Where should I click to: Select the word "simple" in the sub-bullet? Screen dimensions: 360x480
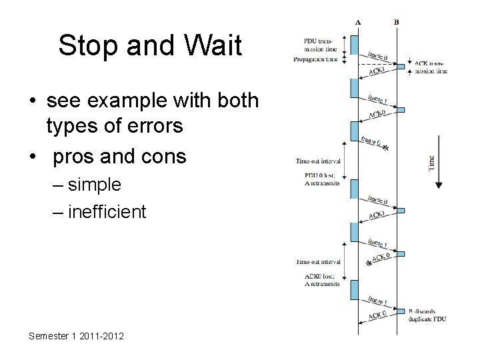[94, 184]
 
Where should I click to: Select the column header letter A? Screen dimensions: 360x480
[359, 22]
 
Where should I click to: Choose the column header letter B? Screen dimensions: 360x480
[397, 22]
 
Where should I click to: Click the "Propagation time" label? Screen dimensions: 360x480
[316, 59]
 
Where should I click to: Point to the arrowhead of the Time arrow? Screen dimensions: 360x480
[438, 186]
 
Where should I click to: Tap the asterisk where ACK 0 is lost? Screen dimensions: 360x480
[369, 264]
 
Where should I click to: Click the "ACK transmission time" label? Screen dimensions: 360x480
[431, 67]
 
